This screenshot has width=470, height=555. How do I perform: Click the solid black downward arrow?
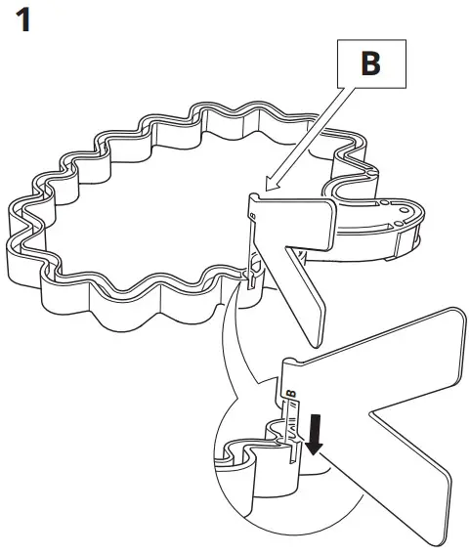click(312, 432)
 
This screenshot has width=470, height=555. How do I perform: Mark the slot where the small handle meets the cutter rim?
click(252, 278)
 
